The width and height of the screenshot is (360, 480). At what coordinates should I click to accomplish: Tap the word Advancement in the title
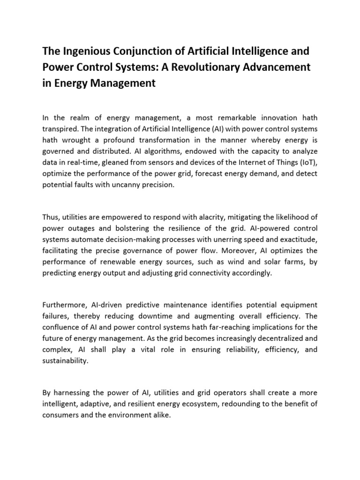tap(278, 67)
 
